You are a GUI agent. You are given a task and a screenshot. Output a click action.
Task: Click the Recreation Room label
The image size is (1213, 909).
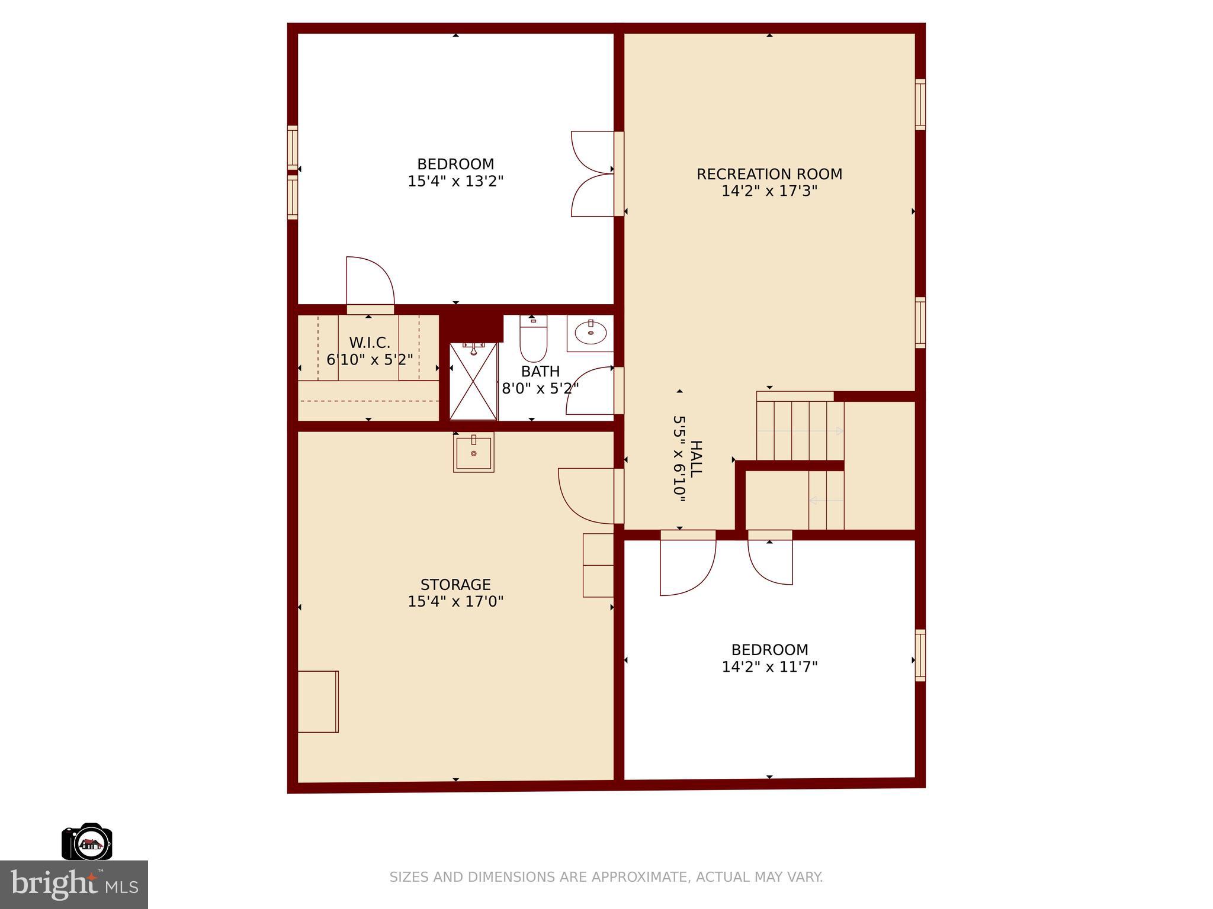coord(769,174)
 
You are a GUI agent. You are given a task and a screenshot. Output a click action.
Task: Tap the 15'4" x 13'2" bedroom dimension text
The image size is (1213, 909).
coord(455,181)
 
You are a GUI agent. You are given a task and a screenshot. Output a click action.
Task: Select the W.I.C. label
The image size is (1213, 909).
coord(370,343)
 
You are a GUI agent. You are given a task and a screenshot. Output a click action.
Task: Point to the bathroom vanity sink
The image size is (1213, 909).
coord(590,333)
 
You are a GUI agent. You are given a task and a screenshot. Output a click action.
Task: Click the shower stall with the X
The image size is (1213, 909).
coord(473,382)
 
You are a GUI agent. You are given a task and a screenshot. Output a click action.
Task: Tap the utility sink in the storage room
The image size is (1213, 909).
coord(473,452)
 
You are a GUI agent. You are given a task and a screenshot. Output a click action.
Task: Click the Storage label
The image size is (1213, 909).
coord(455,585)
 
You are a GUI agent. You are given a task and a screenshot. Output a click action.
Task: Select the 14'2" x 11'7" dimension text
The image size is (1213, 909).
coord(769,667)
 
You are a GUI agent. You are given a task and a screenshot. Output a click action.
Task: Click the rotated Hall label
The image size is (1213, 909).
coord(696,459)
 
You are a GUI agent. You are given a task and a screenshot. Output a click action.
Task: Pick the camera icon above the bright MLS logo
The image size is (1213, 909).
coord(87,842)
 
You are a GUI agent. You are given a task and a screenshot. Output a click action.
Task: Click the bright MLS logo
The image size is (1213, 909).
coord(74,884)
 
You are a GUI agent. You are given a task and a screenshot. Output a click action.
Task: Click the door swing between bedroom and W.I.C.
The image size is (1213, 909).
coord(370,281)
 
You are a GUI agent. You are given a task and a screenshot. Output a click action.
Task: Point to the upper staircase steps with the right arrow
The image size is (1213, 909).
coord(800,431)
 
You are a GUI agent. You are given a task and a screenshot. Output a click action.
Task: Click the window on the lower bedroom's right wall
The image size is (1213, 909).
coord(920,655)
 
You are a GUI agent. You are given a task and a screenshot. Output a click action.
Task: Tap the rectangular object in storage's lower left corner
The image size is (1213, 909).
coord(317,701)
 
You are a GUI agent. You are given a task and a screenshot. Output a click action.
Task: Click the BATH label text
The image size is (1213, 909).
coord(540,372)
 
